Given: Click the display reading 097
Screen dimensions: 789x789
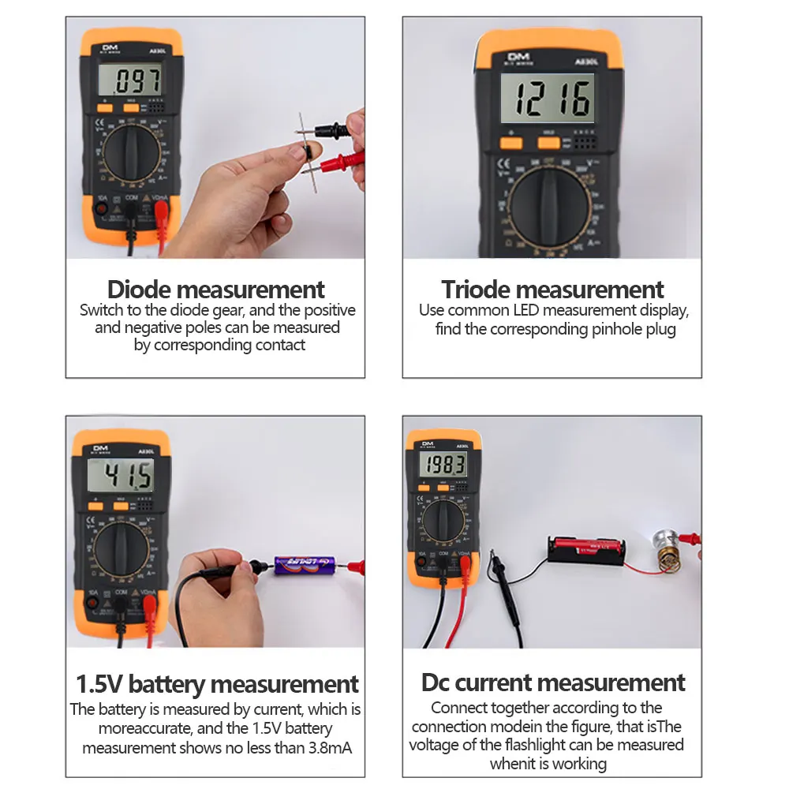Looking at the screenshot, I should (x=130, y=80).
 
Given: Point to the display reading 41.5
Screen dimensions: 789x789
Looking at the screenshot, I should (x=120, y=476).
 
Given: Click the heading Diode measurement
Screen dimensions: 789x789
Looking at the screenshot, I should (x=215, y=289).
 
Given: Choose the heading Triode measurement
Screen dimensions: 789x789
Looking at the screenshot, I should (x=552, y=289).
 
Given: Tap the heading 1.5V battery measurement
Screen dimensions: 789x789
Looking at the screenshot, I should (x=217, y=683).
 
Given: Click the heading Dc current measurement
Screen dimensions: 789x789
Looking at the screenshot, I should (x=553, y=682).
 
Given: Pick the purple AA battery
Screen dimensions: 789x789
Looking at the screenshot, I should (x=304, y=565).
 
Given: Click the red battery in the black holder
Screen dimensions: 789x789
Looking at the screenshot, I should (x=587, y=547).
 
